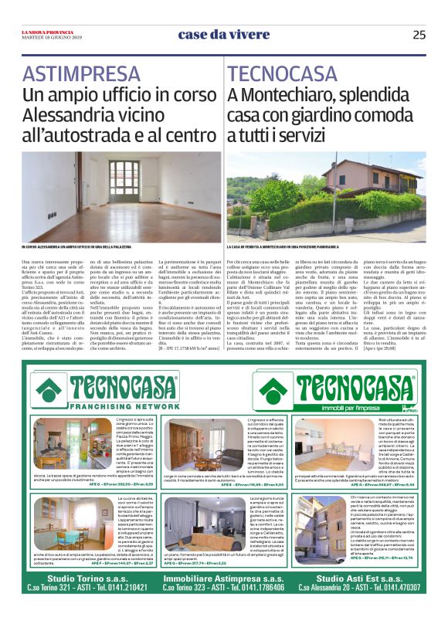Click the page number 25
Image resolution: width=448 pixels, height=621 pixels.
click(419, 34)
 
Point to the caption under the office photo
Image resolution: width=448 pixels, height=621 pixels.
click(112, 246)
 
